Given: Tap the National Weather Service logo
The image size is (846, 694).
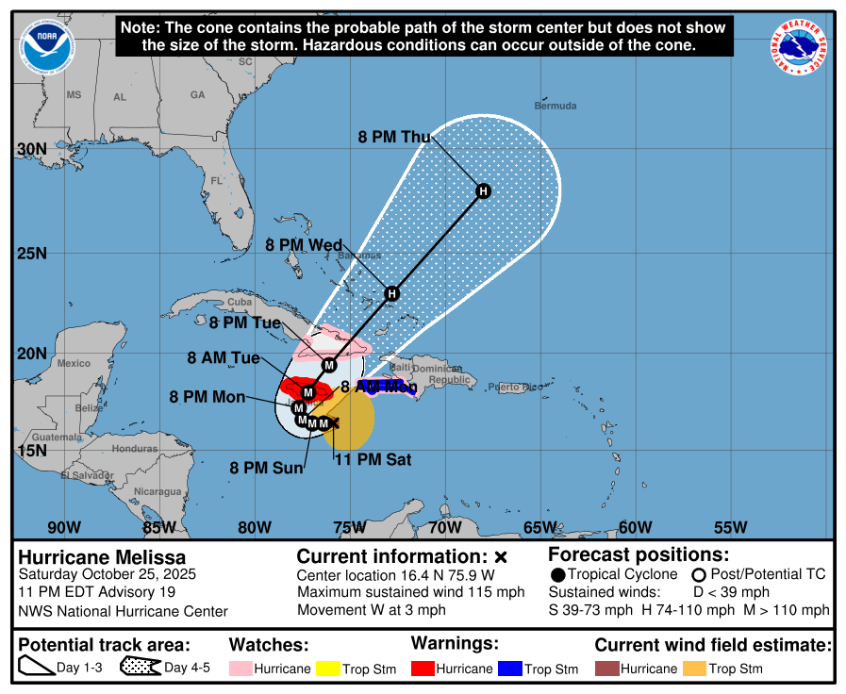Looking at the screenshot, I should coord(801,47).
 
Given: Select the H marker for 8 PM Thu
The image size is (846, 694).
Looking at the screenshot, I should coord(483,191).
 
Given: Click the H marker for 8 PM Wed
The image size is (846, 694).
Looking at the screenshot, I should coord(392,293).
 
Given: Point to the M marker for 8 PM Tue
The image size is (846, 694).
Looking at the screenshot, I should coord(329,365).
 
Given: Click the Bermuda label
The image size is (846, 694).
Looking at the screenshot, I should coord(555,106).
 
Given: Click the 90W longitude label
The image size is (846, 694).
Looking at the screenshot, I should coord(64,527).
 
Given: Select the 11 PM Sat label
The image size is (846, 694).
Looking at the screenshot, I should coord(373,460).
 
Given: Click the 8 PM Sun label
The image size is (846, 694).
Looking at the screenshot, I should coord(266,467).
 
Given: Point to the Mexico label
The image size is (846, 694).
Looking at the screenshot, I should coord(74,363).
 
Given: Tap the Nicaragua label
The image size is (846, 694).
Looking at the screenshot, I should coord(158,491).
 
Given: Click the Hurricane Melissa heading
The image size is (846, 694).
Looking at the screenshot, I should coord(102,557).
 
